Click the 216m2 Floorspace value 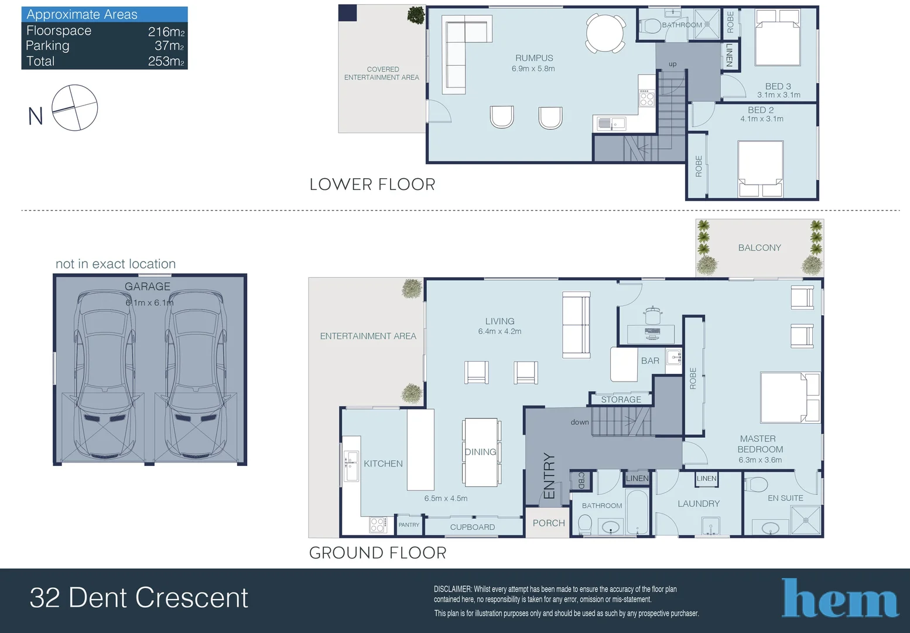[x=166, y=31]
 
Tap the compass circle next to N [x=75, y=108]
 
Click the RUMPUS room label [x=534, y=58]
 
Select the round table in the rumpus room [x=605, y=33]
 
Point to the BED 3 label [x=778, y=86]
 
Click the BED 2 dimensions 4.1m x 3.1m [x=762, y=119]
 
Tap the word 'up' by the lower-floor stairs [x=673, y=64]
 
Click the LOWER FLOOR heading [x=372, y=185]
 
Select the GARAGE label [x=148, y=287]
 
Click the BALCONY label [x=760, y=247]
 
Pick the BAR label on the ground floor [x=650, y=360]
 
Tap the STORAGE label [x=621, y=400]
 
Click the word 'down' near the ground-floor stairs [x=580, y=422]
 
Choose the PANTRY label [x=409, y=525]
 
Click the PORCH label [x=549, y=523]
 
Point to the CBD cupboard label [x=581, y=481]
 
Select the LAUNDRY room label [x=699, y=503]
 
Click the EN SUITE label [x=785, y=498]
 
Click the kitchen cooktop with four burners [x=377, y=525]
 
